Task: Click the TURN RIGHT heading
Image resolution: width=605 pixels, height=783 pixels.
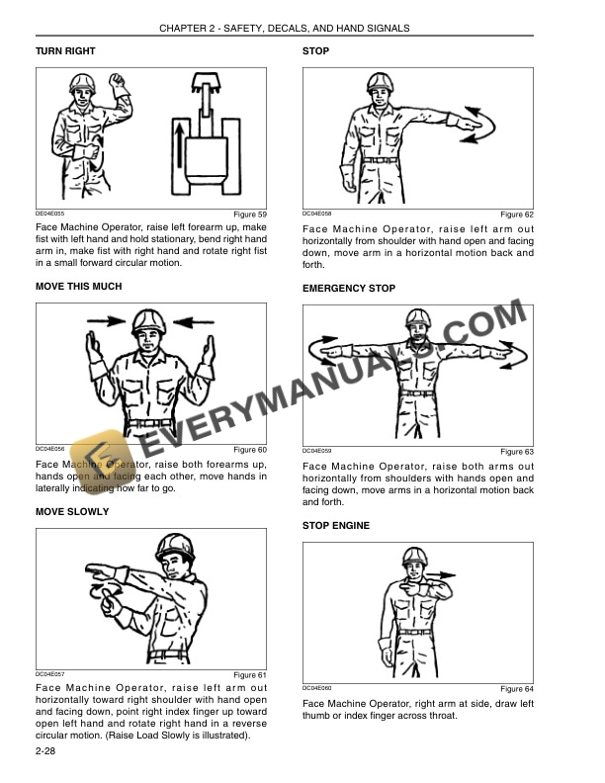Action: [x=65, y=50]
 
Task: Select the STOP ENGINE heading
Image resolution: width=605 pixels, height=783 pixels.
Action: [x=336, y=526]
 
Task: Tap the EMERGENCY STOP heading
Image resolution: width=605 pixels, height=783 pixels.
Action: [x=349, y=289]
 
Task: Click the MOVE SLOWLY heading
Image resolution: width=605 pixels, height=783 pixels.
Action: [x=72, y=512]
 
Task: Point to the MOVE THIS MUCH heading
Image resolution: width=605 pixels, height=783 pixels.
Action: [x=79, y=287]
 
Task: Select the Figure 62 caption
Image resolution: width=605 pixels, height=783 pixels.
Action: [x=516, y=215]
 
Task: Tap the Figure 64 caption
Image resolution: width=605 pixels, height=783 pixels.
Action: [x=516, y=688]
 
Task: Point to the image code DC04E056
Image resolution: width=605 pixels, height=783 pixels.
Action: [x=50, y=449]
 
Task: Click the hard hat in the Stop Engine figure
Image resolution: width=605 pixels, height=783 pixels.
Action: [x=413, y=556]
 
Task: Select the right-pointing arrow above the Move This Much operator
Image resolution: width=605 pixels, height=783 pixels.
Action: [x=103, y=320]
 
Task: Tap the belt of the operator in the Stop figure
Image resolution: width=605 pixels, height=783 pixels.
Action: [x=381, y=158]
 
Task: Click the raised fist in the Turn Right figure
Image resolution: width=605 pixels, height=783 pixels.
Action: [x=120, y=79]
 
